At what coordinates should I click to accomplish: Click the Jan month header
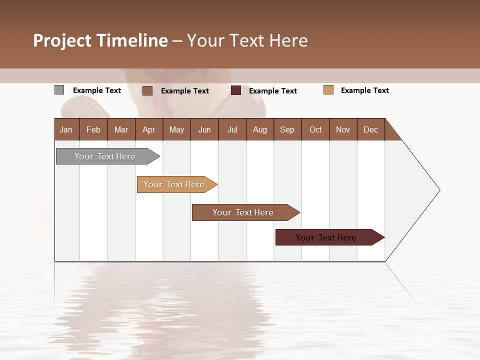tap(66, 129)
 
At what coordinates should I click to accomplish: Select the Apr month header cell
tap(149, 129)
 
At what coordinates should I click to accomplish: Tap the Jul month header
tap(232, 129)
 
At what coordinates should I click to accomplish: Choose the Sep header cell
tap(287, 129)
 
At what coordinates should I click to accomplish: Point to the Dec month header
tap(370, 129)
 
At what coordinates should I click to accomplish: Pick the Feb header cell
tap(93, 129)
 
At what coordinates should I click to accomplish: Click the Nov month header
tap(343, 129)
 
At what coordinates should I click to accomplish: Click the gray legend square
tap(59, 90)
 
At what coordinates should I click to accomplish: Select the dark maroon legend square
tap(236, 90)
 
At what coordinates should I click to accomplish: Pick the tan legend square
tap(328, 90)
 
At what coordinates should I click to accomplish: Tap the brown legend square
tap(147, 90)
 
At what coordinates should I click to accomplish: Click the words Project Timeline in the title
tap(100, 40)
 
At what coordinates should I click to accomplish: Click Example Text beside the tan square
tap(364, 90)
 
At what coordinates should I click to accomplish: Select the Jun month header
tap(204, 129)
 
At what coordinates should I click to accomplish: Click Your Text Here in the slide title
tap(247, 40)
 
